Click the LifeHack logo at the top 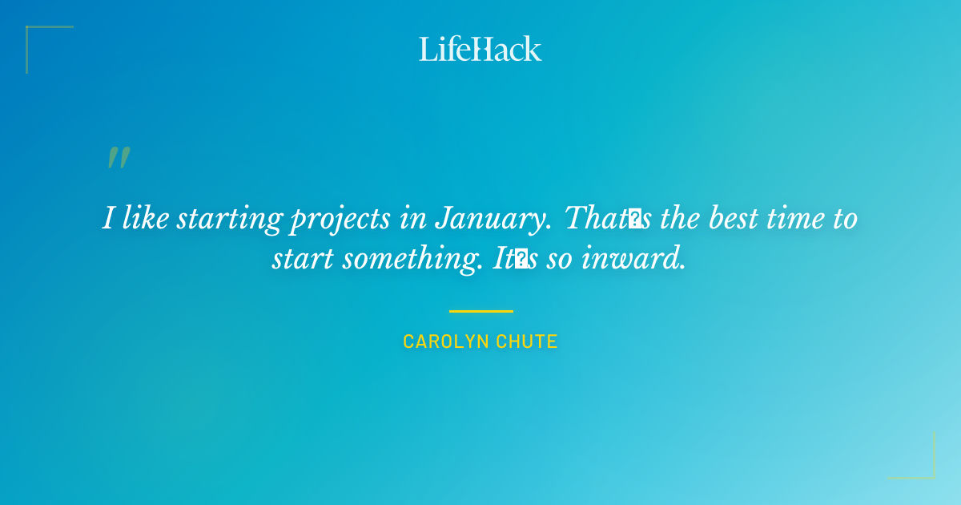click(480, 49)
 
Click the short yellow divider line click(480, 311)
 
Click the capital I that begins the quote click(108, 218)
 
